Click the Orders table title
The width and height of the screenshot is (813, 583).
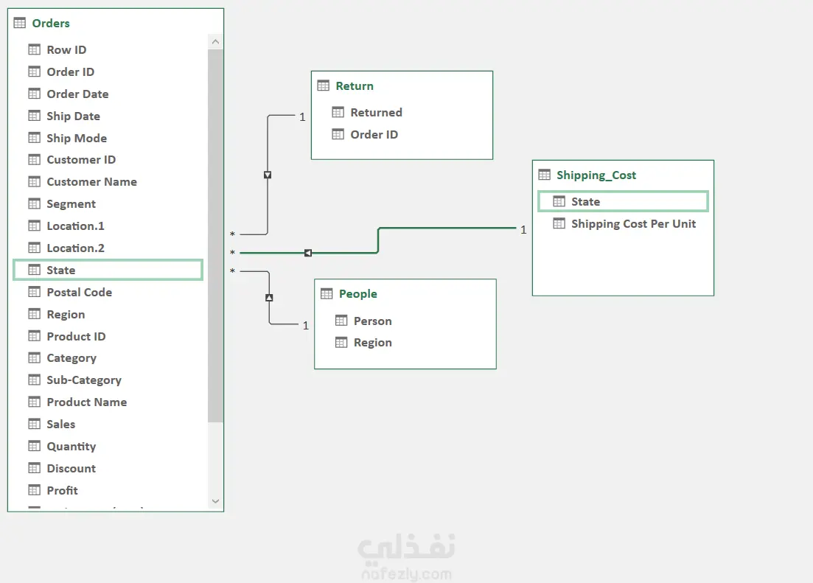click(x=51, y=24)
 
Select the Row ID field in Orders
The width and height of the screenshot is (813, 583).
click(x=66, y=50)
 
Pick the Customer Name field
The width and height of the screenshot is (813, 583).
click(x=92, y=182)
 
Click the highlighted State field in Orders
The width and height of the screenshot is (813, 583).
click(x=108, y=270)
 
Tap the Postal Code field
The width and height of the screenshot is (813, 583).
click(x=80, y=293)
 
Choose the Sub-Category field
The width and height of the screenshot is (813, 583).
click(x=84, y=380)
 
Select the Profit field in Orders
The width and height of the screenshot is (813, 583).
click(x=62, y=491)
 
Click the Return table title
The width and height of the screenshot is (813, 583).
click(x=355, y=86)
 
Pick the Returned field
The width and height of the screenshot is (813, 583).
click(x=377, y=113)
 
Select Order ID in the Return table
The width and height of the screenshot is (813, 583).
click(x=374, y=135)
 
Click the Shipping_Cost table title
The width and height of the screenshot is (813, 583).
click(x=596, y=175)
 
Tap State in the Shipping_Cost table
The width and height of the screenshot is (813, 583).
click(x=623, y=201)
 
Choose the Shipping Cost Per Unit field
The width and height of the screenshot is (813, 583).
click(x=634, y=224)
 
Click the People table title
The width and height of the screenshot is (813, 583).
click(x=358, y=294)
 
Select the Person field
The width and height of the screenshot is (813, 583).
click(x=373, y=321)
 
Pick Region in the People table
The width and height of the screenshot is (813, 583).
click(x=373, y=343)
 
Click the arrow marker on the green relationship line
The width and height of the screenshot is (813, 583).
click(x=308, y=253)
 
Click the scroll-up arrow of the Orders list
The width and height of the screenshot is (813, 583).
click(x=216, y=41)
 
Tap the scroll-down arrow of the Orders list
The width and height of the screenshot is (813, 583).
click(x=216, y=501)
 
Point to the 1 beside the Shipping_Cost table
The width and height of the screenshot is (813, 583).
click(x=523, y=230)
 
